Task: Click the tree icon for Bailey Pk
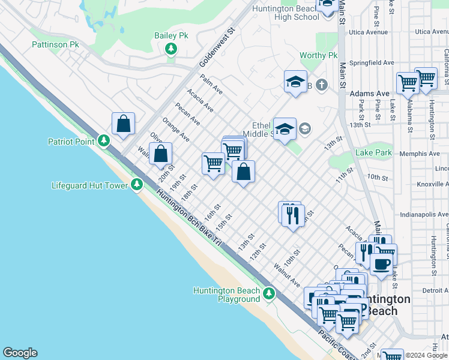click(171, 48)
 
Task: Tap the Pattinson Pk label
click(55, 45)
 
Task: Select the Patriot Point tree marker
click(104, 141)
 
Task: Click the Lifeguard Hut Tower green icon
click(137, 185)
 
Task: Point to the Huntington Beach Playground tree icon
click(270, 294)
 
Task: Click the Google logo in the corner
click(20, 353)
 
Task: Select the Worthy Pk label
click(319, 56)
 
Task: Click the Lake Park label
click(373, 153)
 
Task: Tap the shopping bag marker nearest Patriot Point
click(123, 124)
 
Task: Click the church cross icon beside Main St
click(322, 85)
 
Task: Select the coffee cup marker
click(382, 263)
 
